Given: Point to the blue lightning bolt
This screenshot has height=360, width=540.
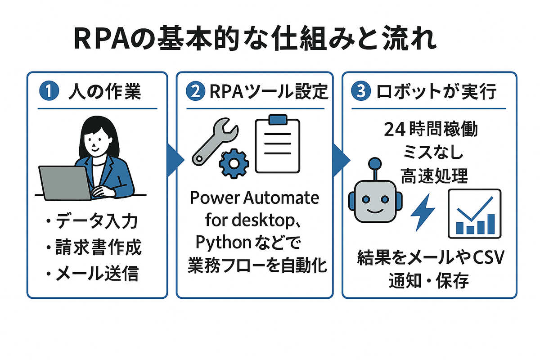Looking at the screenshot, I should pos(423,211).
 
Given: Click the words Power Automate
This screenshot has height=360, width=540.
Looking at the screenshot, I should pos(254,198).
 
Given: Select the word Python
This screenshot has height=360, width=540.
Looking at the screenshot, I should pos(223,243).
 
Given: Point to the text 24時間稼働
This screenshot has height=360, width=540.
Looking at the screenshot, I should pos(431,130).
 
